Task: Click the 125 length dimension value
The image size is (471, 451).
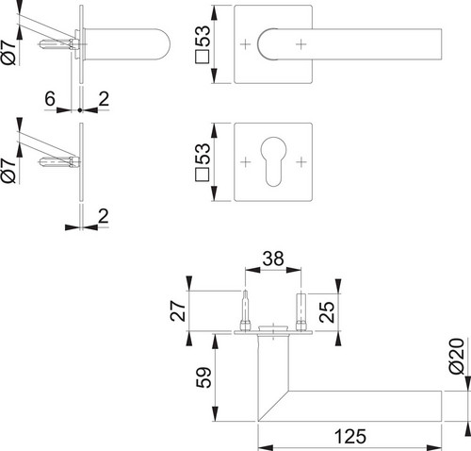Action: [350, 436]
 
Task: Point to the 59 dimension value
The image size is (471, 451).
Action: [203, 377]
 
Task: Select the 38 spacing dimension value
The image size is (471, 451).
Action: [273, 259]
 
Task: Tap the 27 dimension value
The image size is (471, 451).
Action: [178, 310]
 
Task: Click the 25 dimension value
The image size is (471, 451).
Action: [327, 312]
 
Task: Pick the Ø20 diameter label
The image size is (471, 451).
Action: [456, 356]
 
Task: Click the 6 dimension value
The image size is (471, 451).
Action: [50, 99]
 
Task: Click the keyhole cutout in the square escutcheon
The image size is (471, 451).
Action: [273, 161]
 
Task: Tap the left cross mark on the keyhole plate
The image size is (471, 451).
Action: [246, 162]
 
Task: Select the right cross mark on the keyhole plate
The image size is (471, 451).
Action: [301, 162]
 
